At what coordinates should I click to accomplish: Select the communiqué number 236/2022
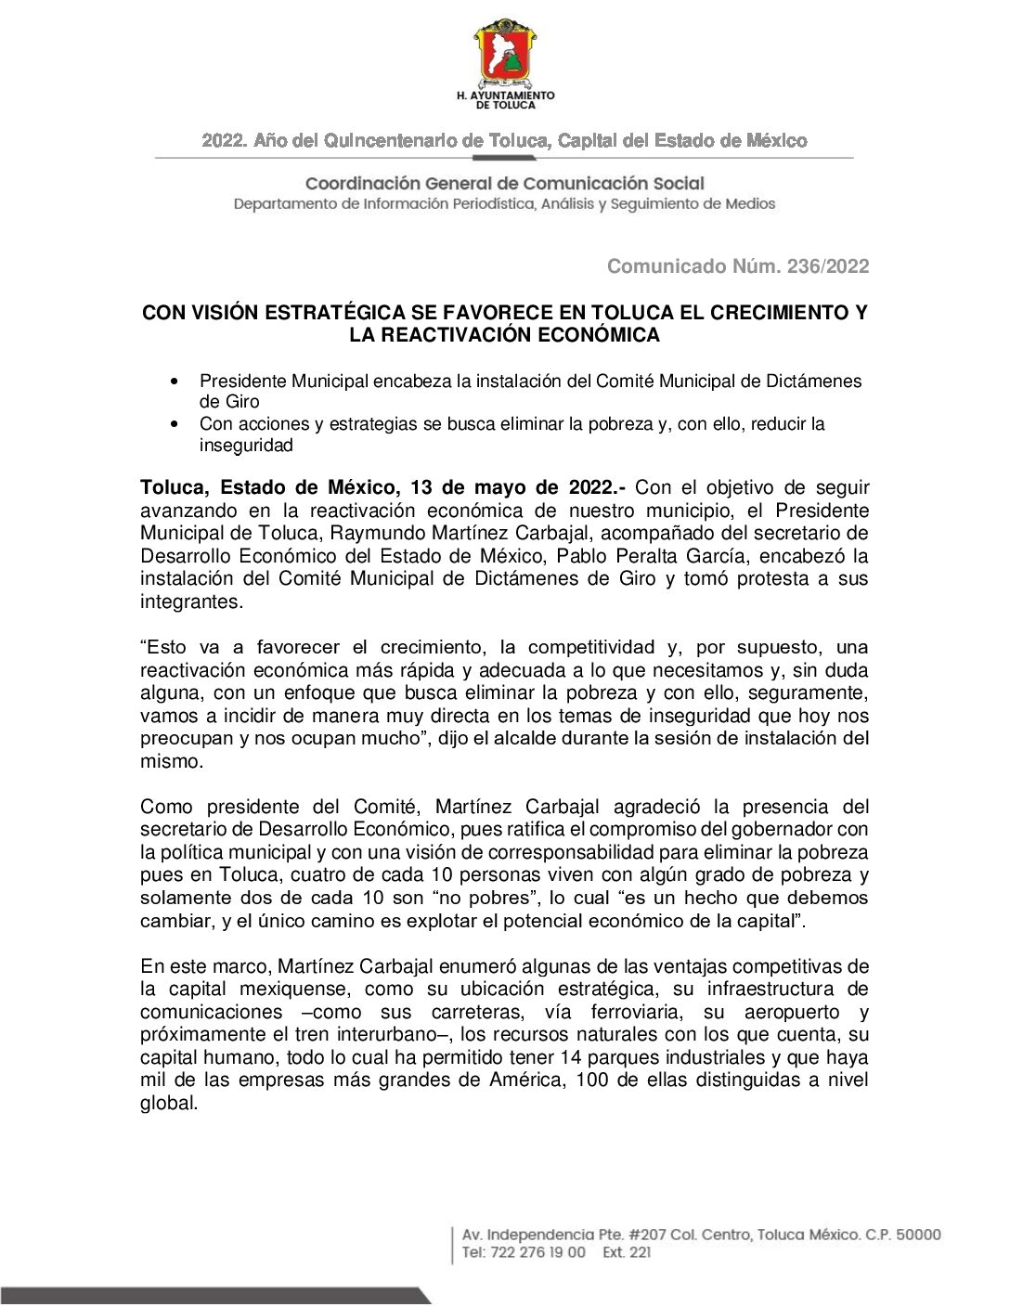(x=828, y=266)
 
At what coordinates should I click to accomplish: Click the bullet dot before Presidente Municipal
(x=174, y=382)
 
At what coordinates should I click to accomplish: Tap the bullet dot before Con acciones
(x=174, y=424)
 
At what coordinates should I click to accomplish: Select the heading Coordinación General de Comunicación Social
(x=505, y=184)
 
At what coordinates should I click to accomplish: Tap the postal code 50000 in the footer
(x=916, y=1235)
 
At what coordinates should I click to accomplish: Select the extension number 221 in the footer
(x=640, y=1252)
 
